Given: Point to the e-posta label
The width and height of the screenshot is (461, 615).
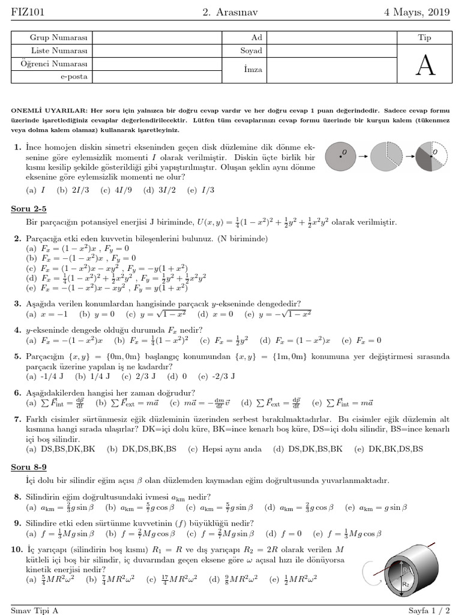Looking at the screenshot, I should point(73,77).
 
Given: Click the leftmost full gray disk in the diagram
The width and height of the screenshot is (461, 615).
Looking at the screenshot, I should point(342,158).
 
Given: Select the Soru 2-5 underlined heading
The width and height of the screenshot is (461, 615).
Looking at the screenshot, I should point(29,209).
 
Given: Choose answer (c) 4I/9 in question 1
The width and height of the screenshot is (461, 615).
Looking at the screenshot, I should point(113,190).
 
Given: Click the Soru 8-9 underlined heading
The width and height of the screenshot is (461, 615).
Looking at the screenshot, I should point(29,466).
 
